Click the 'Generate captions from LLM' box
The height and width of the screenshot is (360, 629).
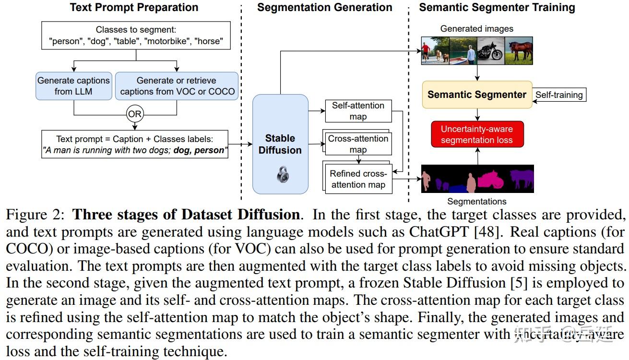[73, 86]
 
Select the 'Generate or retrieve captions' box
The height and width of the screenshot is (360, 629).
[177, 86]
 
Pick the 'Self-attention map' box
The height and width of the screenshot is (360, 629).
[358, 111]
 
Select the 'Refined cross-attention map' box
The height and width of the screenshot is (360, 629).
[358, 179]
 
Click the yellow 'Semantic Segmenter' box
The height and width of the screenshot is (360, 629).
[477, 95]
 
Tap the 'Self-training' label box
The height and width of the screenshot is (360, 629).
[559, 95]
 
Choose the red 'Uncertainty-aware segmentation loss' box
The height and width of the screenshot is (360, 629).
[477, 134]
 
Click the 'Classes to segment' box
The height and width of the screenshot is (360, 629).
[136, 36]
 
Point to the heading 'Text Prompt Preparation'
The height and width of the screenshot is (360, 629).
[134, 7]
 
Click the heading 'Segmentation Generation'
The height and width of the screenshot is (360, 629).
[324, 7]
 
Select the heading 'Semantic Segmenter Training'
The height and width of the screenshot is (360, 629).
[497, 7]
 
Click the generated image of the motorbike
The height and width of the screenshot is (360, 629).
[491, 50]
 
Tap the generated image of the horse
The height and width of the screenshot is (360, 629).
[519, 50]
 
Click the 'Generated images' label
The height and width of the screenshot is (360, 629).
[476, 29]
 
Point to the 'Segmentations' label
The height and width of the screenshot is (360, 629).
[476, 202]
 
